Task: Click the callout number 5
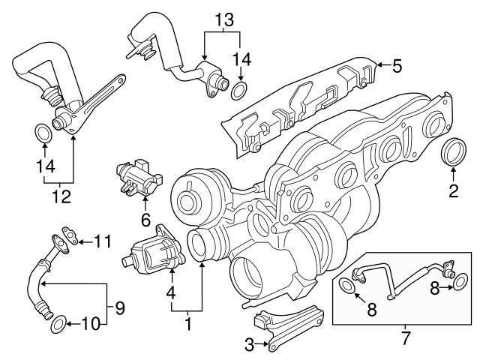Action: (x=397, y=66)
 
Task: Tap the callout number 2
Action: (x=453, y=190)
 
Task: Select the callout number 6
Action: (x=145, y=219)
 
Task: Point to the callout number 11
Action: (x=102, y=241)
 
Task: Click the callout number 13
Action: (x=225, y=20)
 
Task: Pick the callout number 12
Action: (x=62, y=196)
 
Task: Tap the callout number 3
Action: (x=250, y=345)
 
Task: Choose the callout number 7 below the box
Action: (x=405, y=338)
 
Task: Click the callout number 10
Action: (x=91, y=324)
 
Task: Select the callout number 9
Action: (x=120, y=308)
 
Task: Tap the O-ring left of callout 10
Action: (x=58, y=324)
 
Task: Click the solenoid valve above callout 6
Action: (x=139, y=178)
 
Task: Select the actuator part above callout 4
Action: (x=154, y=251)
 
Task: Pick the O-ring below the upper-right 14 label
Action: (x=238, y=91)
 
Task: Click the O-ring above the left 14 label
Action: (x=43, y=133)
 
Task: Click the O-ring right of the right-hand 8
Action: (x=460, y=282)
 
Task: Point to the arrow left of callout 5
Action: (x=383, y=64)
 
